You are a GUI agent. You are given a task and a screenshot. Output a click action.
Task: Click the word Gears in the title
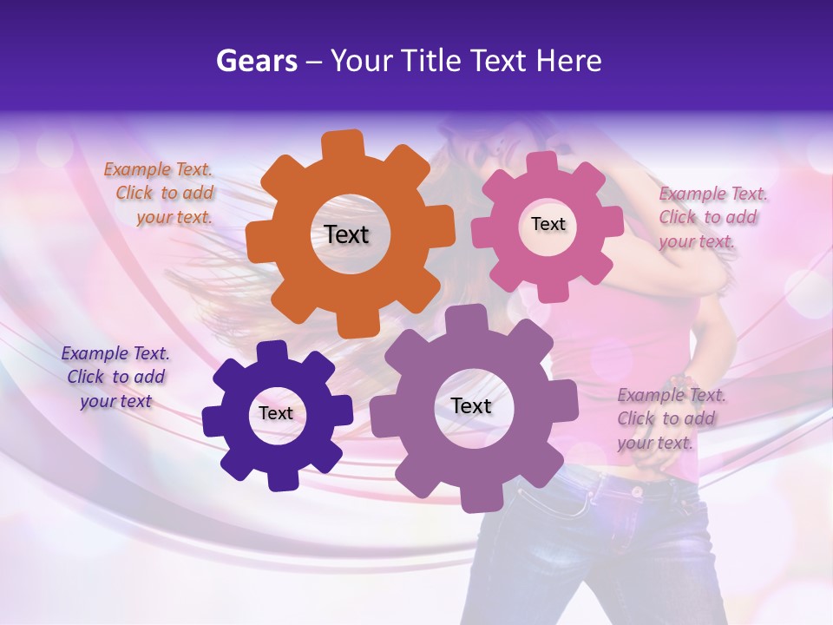(x=256, y=61)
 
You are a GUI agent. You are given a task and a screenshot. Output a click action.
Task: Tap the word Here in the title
(x=568, y=61)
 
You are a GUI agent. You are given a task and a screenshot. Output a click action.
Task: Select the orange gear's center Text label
(x=347, y=234)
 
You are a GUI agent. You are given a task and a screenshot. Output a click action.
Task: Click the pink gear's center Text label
(x=548, y=224)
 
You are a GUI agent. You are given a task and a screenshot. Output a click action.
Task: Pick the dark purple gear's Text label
(x=276, y=413)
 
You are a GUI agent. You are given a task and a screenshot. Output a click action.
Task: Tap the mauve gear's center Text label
(x=471, y=405)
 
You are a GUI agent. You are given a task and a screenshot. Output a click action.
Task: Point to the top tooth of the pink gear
(x=542, y=163)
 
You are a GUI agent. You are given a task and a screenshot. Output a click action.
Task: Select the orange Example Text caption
(x=160, y=194)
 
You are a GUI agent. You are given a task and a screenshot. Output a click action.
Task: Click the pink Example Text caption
(x=712, y=217)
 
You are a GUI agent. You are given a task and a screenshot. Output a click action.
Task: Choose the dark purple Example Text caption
(x=115, y=377)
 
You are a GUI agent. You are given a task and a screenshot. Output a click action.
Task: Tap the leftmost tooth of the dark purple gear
(x=213, y=421)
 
